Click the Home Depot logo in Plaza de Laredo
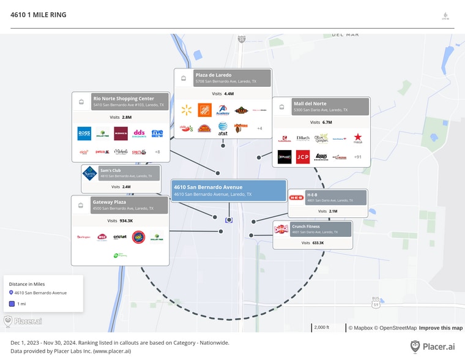click(204, 110)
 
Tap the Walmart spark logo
click(187, 110)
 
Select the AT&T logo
click(223, 128)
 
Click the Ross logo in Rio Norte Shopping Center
click(84, 133)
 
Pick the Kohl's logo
click(121, 133)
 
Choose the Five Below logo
click(157, 133)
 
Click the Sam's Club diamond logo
click(90, 173)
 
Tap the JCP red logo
click(303, 157)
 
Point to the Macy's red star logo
click(358, 139)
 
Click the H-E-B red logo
click(297, 198)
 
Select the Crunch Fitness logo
click(281, 230)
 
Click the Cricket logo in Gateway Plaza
click(120, 237)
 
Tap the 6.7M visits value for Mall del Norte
click(327, 122)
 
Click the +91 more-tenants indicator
click(358, 157)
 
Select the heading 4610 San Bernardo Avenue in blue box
click(208, 187)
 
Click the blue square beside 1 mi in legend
click(11, 304)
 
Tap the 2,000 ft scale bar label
click(321, 328)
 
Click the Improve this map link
click(441, 328)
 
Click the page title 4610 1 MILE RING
click(39, 15)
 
